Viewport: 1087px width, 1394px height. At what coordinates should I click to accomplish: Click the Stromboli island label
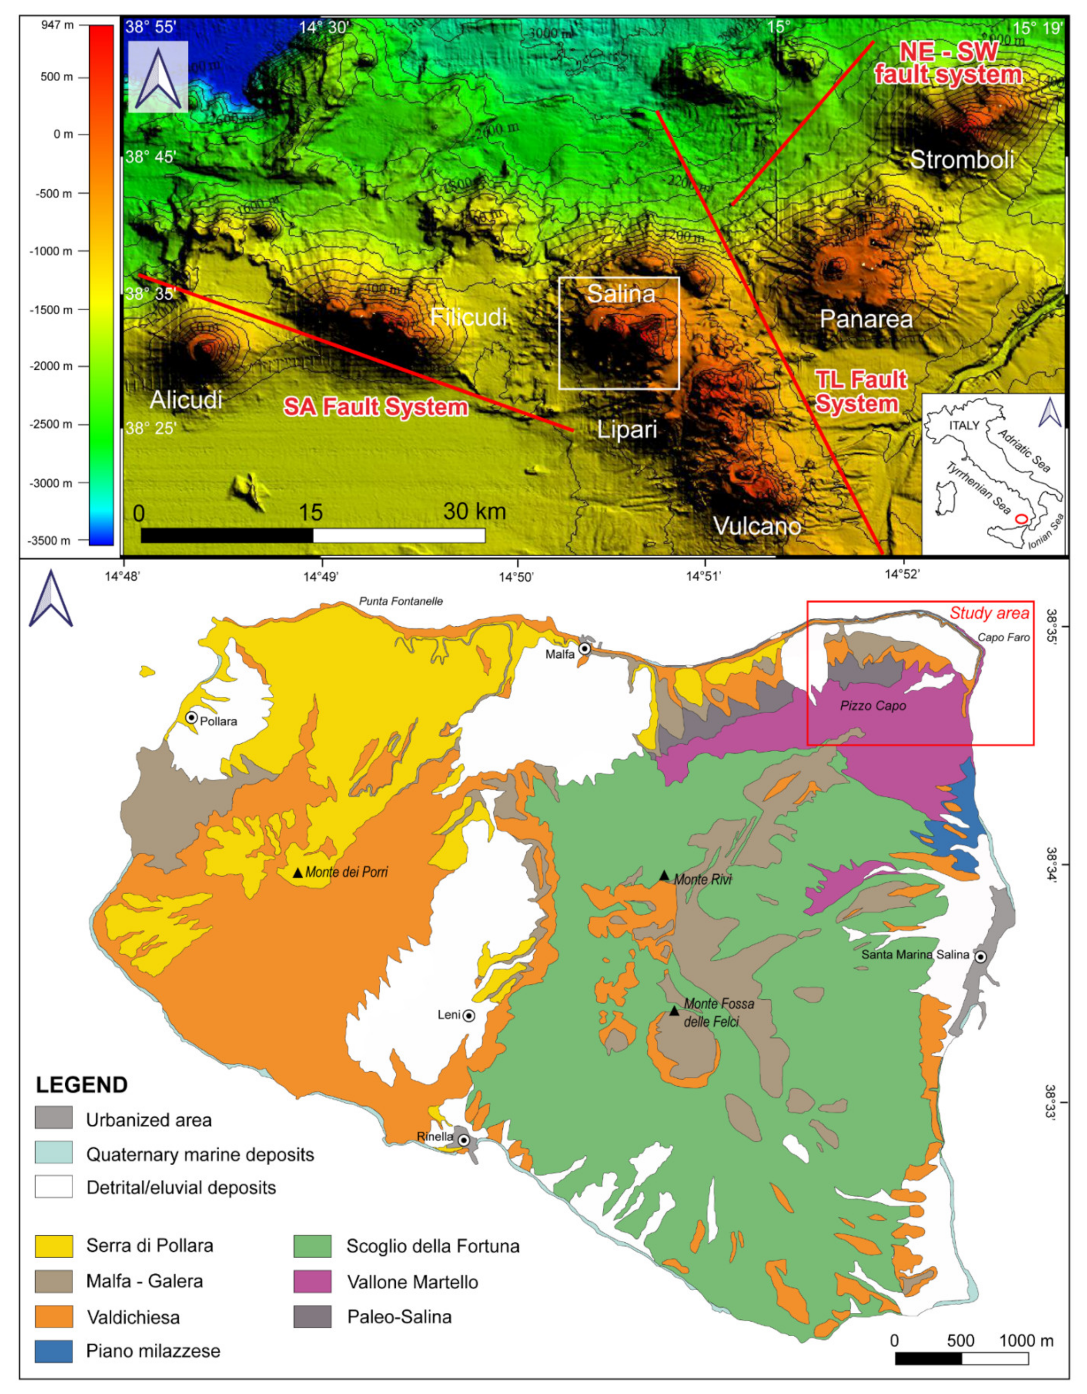(961, 159)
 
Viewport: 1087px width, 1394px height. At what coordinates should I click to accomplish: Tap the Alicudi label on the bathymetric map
(186, 400)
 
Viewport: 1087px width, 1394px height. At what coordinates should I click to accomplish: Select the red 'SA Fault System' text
(376, 407)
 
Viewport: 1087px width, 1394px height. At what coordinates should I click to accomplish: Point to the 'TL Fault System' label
(860, 392)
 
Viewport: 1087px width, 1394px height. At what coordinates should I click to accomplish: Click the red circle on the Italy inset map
(1020, 519)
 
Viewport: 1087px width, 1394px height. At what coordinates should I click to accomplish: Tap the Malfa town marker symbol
(584, 649)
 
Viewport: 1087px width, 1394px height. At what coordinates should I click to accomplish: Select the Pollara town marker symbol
(191, 718)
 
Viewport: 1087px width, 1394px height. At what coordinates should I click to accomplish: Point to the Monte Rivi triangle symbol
(664, 876)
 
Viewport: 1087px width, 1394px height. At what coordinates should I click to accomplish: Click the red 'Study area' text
(989, 614)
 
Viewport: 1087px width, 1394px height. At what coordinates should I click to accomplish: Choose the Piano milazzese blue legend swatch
(54, 1351)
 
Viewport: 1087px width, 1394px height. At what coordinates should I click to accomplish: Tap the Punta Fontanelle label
(401, 601)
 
